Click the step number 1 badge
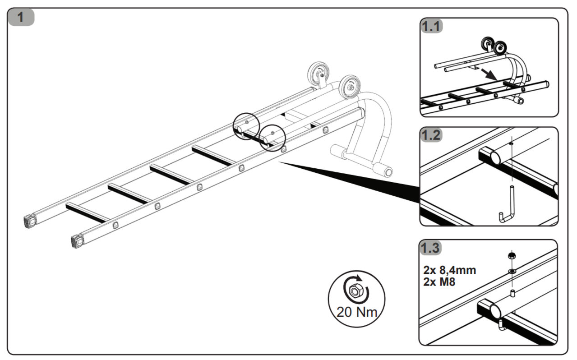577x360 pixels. [x=20, y=17]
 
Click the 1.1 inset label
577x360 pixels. [x=431, y=26]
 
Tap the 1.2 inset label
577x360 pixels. [x=431, y=135]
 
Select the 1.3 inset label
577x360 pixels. [x=431, y=248]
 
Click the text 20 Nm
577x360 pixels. [x=356, y=312]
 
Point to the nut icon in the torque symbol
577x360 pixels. [x=355, y=292]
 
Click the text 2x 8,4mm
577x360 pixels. [x=450, y=270]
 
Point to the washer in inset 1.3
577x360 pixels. [x=512, y=272]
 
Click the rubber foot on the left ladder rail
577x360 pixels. [x=31, y=221]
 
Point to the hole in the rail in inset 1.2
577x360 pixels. [x=511, y=144]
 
